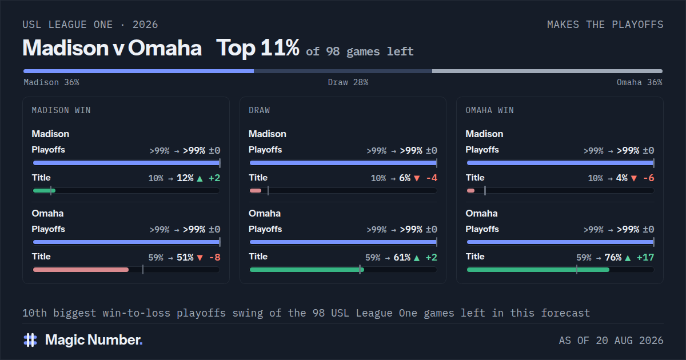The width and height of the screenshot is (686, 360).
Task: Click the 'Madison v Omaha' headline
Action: [x=112, y=48]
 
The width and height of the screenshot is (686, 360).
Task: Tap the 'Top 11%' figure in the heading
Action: [x=258, y=48]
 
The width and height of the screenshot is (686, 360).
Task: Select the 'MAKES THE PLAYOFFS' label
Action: [x=605, y=25]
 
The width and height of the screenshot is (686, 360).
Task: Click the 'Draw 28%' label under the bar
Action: [x=348, y=82]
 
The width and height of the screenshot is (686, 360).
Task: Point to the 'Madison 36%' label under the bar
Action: [x=51, y=82]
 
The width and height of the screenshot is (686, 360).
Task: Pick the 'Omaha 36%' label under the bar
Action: [x=640, y=82]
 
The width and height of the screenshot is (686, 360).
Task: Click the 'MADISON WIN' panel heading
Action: [x=61, y=110]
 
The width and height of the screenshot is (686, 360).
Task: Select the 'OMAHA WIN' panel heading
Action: [x=490, y=110]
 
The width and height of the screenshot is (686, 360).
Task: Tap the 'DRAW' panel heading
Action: [x=260, y=110]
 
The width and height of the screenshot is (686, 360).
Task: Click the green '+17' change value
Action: [x=645, y=258]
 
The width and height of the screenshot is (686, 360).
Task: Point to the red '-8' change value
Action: [x=215, y=258]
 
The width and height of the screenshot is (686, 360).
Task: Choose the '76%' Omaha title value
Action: [x=613, y=258]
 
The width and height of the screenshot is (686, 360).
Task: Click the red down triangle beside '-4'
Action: [x=417, y=178]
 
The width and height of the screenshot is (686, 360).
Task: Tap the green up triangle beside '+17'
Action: [x=628, y=258]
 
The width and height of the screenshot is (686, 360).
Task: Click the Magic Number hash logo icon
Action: [x=30, y=340]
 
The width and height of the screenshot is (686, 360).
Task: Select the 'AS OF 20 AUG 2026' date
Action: [x=611, y=341]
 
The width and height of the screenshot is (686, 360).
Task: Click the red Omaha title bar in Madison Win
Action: [x=81, y=270]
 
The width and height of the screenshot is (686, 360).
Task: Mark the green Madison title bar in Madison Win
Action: [x=44, y=191]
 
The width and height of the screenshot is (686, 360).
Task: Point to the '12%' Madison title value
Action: [x=185, y=178]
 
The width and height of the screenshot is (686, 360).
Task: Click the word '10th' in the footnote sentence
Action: [x=35, y=313]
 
